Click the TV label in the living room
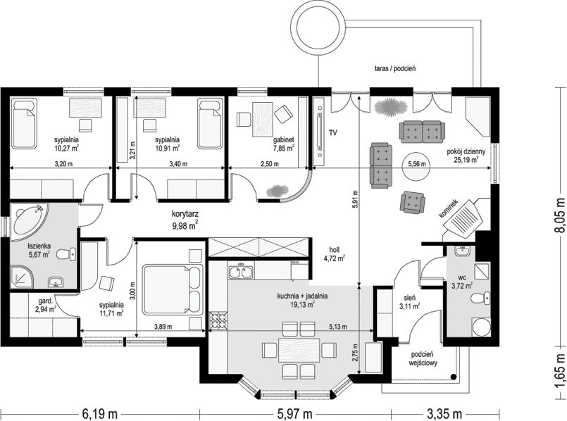pyautogui.click(x=333, y=133)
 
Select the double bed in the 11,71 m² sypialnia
pyautogui.click(x=173, y=289)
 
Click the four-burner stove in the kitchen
pyautogui.click(x=218, y=321)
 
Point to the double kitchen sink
pyautogui.click(x=241, y=271)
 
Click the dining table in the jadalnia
pyautogui.click(x=299, y=350)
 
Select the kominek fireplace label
pyautogui.click(x=449, y=209)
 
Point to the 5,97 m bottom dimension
pyautogui.click(x=295, y=413)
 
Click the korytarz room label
pyautogui.click(x=185, y=214)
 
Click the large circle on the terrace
pyautogui.click(x=318, y=30)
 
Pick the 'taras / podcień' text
pyautogui.click(x=395, y=68)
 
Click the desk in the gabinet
pyautogui.click(x=263, y=120)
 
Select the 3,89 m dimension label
pyautogui.click(x=163, y=327)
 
